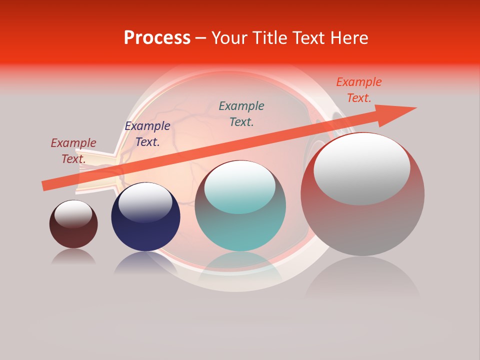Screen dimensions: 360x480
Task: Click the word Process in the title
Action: coord(157,38)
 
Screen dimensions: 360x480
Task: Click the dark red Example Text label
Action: coord(73,151)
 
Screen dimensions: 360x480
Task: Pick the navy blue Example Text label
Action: coord(147,134)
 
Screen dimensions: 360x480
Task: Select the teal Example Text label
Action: coord(241,114)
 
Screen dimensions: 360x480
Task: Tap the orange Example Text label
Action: coord(359,90)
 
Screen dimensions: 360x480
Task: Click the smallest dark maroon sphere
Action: coord(73,235)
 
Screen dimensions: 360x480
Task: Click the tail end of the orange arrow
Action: coord(46,185)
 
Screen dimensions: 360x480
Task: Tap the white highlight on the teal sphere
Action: coord(240,186)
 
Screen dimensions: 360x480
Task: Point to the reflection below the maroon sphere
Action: coord(73,257)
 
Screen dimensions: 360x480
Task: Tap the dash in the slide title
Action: coord(200,38)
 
